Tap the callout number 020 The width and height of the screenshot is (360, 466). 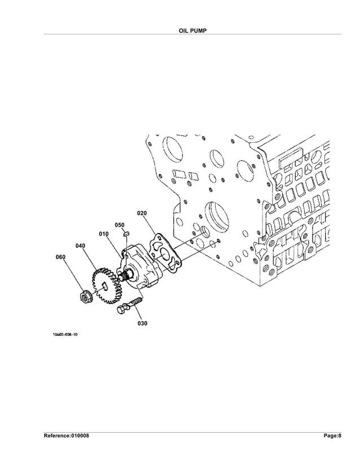142,213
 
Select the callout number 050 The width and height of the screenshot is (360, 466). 120,225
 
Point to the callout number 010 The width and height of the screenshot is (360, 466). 104,234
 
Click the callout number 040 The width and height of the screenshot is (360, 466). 80,246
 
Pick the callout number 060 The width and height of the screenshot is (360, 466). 60,257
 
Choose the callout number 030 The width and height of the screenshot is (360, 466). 142,324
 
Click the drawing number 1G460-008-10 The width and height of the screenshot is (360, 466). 65,335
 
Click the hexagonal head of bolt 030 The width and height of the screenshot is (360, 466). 121,310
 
